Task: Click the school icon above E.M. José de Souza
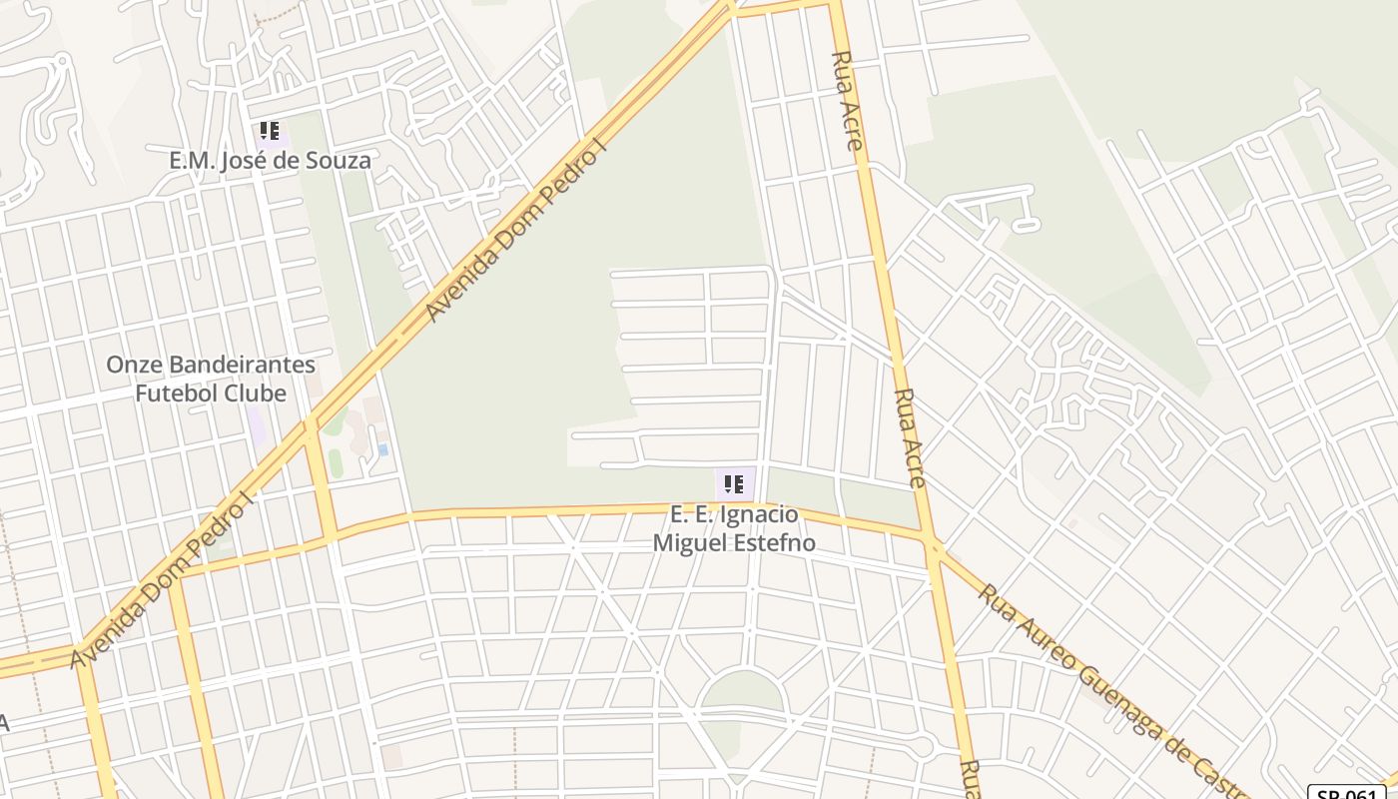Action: (x=269, y=131)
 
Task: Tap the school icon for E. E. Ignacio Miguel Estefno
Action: (x=734, y=484)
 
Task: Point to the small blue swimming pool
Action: (x=382, y=450)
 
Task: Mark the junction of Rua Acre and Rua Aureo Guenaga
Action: (x=934, y=545)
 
